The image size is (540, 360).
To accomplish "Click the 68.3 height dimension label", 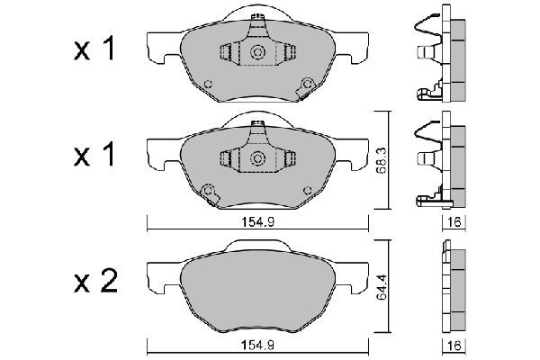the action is pyautogui.click(x=382, y=160).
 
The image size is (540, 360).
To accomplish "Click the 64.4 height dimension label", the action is pyautogui.click(x=382, y=286).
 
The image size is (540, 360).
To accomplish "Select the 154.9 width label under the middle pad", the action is pyautogui.click(x=257, y=222).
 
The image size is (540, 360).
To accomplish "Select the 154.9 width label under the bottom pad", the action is pyautogui.click(x=257, y=346).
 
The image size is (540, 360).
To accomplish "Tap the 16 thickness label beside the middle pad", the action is pyautogui.click(x=454, y=222).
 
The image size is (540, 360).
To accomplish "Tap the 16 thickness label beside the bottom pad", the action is pyautogui.click(x=454, y=346).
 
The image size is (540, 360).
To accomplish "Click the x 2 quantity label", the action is pyautogui.click(x=95, y=281).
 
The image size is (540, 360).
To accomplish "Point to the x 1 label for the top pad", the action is pyautogui.click(x=94, y=49).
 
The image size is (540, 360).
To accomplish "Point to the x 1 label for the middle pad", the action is pyautogui.click(x=94, y=155).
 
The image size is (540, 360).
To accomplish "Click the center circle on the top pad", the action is pyautogui.click(x=257, y=52).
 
